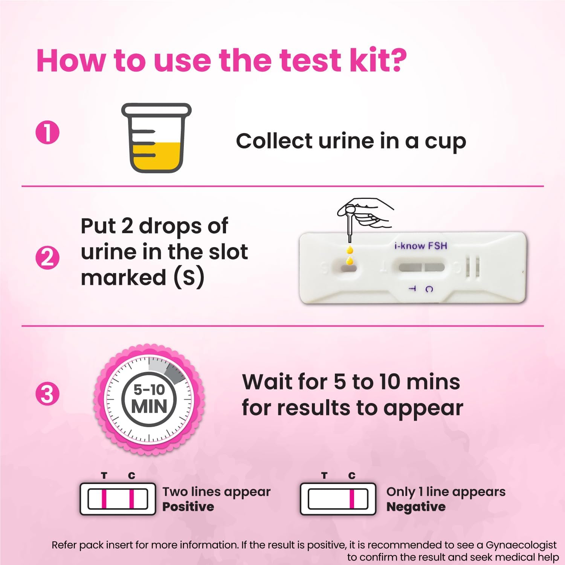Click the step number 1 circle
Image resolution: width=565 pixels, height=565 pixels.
click(x=47, y=133)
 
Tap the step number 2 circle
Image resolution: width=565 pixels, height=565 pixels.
click(x=47, y=258)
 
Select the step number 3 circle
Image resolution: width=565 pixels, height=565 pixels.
click(x=47, y=394)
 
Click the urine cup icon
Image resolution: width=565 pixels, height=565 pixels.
click(x=156, y=138)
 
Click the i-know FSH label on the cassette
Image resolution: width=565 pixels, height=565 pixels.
click(x=420, y=246)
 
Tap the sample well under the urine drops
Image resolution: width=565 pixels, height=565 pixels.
click(x=349, y=268)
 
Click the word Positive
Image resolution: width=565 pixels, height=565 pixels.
click(x=188, y=507)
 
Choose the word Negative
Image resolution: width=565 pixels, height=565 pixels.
click(x=416, y=507)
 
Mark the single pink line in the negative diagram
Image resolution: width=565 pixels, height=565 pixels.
click(x=352, y=499)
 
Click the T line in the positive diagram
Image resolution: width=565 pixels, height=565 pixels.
click(x=104, y=499)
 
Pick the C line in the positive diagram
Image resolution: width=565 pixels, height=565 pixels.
click(x=131, y=499)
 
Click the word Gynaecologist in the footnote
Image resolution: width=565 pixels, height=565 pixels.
click(x=521, y=545)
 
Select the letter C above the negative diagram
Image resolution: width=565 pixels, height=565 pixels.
click(x=352, y=476)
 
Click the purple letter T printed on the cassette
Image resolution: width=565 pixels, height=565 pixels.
click(x=412, y=289)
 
